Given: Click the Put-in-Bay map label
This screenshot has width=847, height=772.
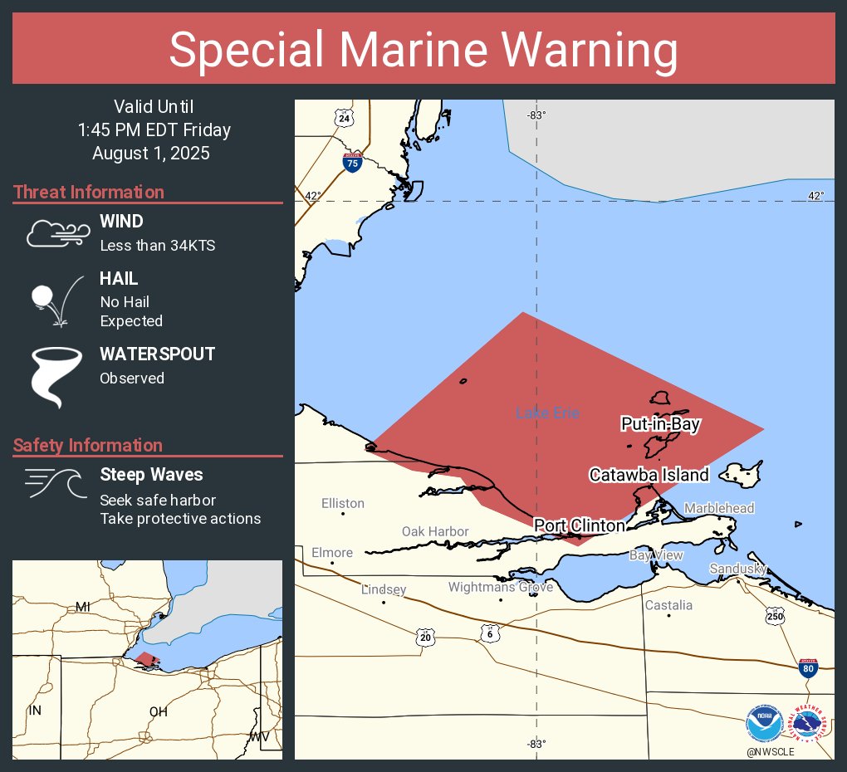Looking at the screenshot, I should [x=661, y=424].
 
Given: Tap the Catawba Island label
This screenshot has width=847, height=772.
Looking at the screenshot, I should [x=649, y=475].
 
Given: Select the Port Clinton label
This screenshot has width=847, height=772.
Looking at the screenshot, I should [x=579, y=525].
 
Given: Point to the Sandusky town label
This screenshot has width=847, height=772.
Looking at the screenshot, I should [x=737, y=569].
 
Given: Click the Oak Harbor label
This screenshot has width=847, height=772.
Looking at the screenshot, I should [x=435, y=531].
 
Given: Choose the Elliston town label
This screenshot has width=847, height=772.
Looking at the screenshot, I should [x=343, y=503].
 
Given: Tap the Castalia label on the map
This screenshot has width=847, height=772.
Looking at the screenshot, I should [x=668, y=605].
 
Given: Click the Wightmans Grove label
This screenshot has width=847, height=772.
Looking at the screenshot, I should [x=501, y=587].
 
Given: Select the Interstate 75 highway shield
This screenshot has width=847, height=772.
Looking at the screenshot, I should [x=353, y=163].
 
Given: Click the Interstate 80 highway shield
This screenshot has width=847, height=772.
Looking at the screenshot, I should [x=806, y=667].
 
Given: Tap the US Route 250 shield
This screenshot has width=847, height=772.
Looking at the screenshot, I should [x=775, y=616].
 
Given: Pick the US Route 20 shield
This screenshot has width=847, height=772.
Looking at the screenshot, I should [x=426, y=636].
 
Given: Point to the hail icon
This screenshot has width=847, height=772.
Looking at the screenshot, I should [x=56, y=300].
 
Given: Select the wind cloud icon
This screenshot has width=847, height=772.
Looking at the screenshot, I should [x=56, y=233].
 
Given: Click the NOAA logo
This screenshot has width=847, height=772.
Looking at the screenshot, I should [x=764, y=724].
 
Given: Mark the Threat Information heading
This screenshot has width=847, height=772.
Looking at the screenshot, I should [x=89, y=192].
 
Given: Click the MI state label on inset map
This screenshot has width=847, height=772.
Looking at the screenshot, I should [x=82, y=607].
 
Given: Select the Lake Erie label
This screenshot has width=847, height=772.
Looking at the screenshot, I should [x=547, y=413].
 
